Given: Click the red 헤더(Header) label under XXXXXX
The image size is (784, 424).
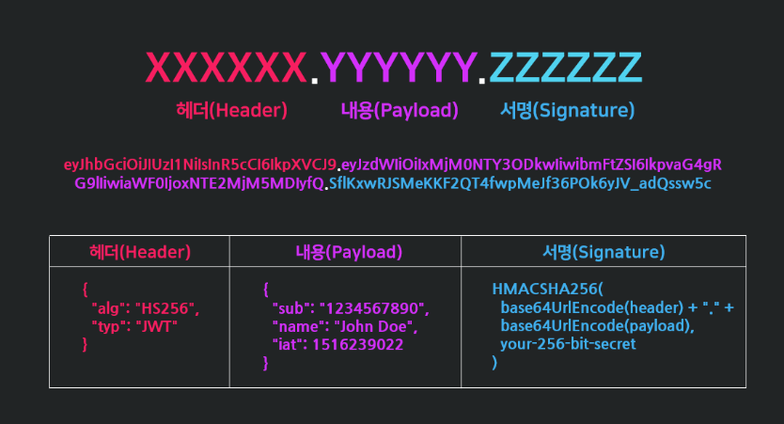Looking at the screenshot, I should click(x=231, y=110).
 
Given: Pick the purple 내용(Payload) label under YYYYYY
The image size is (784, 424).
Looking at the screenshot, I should click(x=400, y=110).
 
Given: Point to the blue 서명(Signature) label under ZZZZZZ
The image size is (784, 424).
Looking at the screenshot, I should click(x=567, y=110).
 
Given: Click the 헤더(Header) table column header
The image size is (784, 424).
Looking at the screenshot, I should click(x=139, y=252).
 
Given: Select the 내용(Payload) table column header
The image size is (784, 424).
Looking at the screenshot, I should click(x=345, y=252).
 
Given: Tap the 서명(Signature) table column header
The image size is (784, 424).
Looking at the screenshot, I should click(x=604, y=252).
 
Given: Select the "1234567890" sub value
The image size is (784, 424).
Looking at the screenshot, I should click(x=374, y=307).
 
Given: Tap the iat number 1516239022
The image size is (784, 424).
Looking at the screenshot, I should click(x=361, y=344).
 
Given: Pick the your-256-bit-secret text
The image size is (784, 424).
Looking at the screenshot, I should click(x=568, y=344).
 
